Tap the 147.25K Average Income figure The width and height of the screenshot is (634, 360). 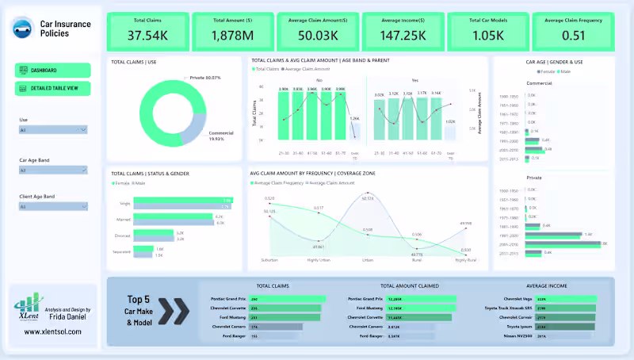[402, 34]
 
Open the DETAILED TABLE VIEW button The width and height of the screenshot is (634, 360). [53, 87]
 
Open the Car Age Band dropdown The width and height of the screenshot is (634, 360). [52, 170]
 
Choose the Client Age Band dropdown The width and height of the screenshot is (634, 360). [52, 206]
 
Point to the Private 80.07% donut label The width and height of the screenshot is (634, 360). [205, 78]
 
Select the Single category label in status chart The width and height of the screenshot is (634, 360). [125, 201]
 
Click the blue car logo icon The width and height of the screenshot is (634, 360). [22, 29]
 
